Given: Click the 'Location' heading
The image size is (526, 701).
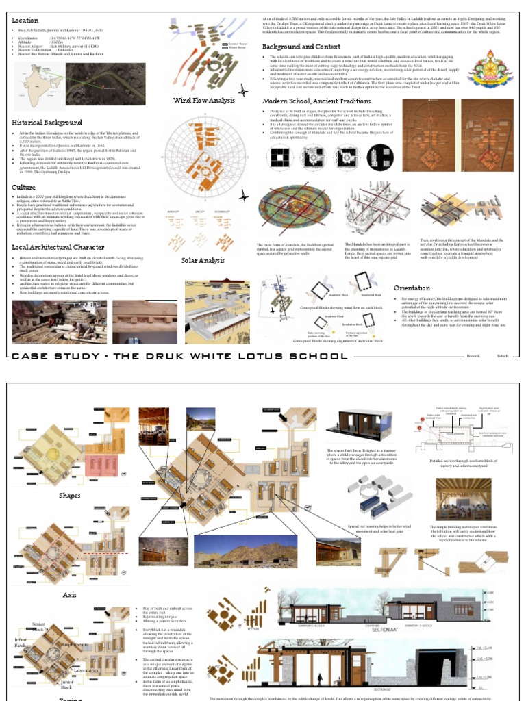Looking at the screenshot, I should [25, 21].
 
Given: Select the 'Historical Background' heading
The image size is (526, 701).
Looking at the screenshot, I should [47, 122].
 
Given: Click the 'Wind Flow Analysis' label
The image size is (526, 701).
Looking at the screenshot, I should [203, 100].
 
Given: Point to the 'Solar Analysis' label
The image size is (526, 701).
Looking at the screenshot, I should [203, 260].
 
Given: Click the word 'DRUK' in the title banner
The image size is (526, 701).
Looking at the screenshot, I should [158, 356].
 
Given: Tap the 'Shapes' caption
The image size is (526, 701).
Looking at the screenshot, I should [69, 495].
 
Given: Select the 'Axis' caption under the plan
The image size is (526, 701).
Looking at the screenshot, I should [69, 595].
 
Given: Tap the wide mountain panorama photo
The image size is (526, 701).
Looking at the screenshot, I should [251, 552].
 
